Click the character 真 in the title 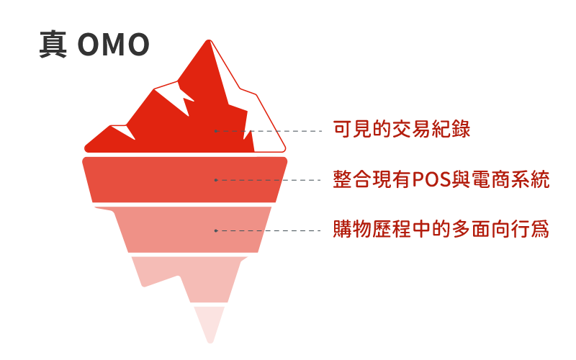[x=53, y=45]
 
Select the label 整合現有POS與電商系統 [x=441, y=180]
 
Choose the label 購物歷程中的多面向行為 [x=441, y=230]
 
